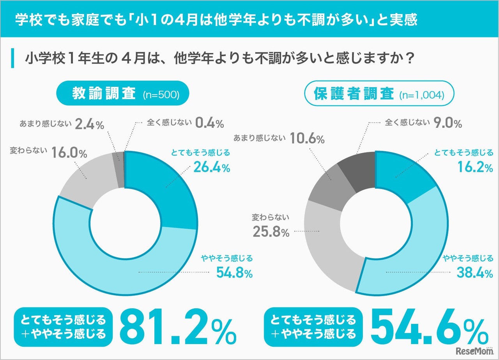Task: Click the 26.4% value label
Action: pos(211,168)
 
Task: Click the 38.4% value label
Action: pos(475,273)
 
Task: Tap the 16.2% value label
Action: pos(474,168)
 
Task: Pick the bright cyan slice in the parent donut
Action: pos(402,175)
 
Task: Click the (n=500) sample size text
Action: pos(161,95)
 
